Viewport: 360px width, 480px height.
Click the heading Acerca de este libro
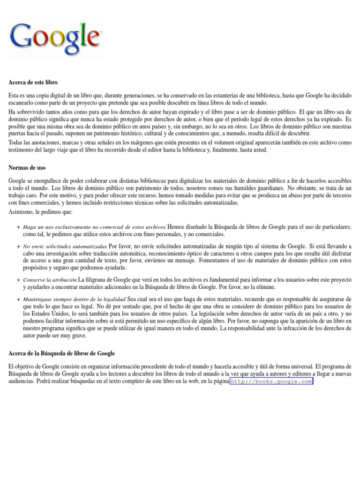[33, 82]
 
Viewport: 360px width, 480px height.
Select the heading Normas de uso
[27, 167]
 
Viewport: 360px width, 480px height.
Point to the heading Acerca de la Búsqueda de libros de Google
[61, 353]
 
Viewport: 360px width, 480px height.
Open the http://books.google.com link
[271, 382]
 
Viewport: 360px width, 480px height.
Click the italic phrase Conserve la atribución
[50, 280]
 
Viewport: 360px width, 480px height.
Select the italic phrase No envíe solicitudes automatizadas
[65, 246]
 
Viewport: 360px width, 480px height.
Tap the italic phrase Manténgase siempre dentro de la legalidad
[74, 299]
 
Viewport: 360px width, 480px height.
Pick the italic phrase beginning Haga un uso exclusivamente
[94, 227]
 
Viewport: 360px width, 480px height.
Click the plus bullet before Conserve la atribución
[18, 280]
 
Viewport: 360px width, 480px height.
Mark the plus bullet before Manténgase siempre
[18, 299]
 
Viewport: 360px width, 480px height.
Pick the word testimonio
[22, 150]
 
